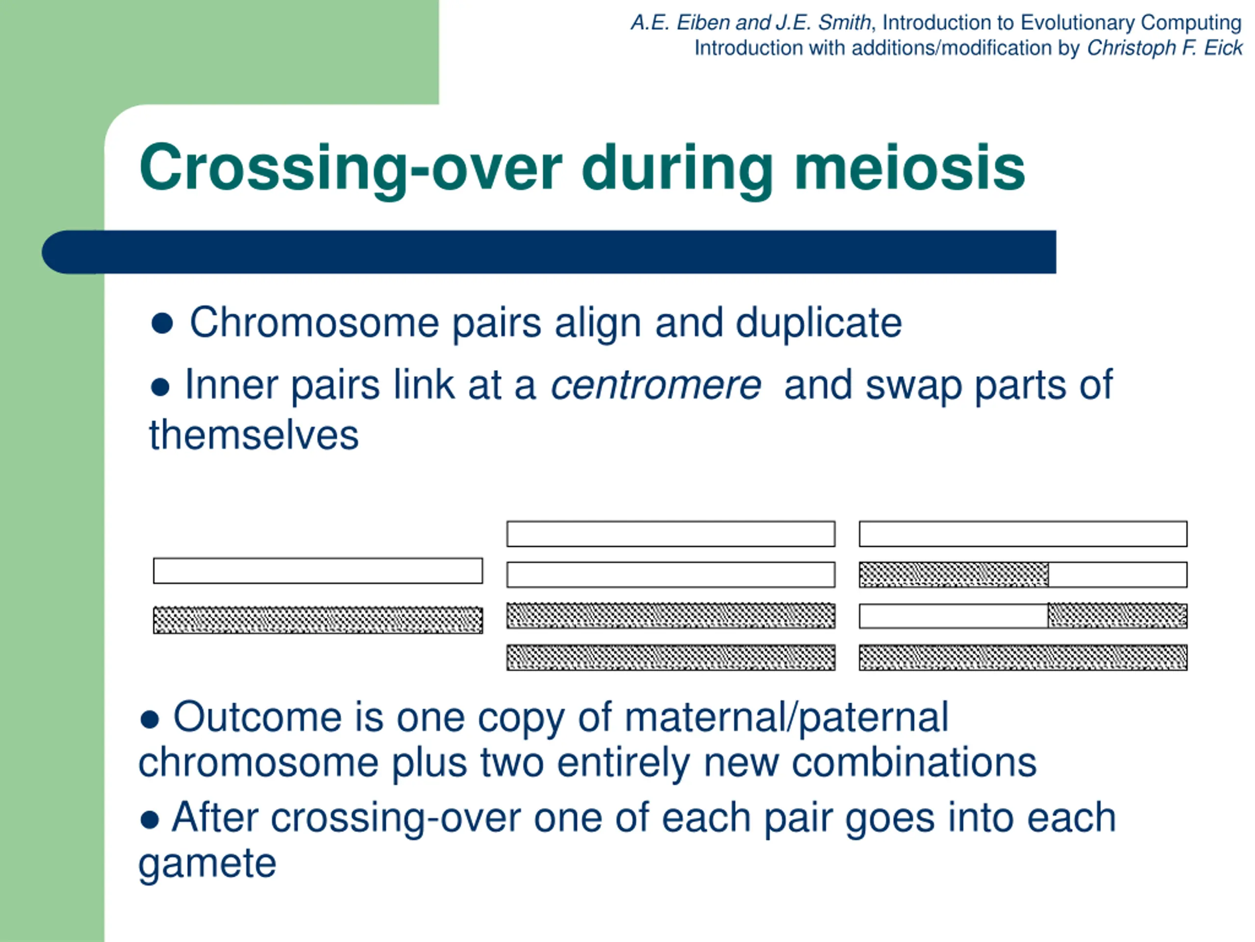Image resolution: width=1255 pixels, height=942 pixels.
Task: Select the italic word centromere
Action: click(x=656, y=386)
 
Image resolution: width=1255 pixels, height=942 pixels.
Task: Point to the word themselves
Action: click(x=253, y=435)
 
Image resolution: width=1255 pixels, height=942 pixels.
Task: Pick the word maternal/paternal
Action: click(x=786, y=718)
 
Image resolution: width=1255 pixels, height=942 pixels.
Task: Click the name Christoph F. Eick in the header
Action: click(x=1165, y=48)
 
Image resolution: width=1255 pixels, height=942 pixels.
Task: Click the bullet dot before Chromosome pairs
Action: click(x=162, y=324)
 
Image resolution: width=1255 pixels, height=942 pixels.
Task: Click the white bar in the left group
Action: click(x=318, y=571)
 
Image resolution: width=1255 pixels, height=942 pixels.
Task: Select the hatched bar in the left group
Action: click(x=318, y=620)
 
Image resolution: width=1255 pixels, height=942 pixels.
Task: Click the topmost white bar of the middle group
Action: click(x=671, y=534)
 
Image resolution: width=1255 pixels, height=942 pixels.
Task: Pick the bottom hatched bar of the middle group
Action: click(x=671, y=657)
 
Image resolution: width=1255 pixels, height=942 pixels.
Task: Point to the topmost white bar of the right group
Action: click(x=1023, y=534)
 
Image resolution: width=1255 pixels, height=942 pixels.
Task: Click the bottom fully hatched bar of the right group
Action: click(x=1023, y=657)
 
